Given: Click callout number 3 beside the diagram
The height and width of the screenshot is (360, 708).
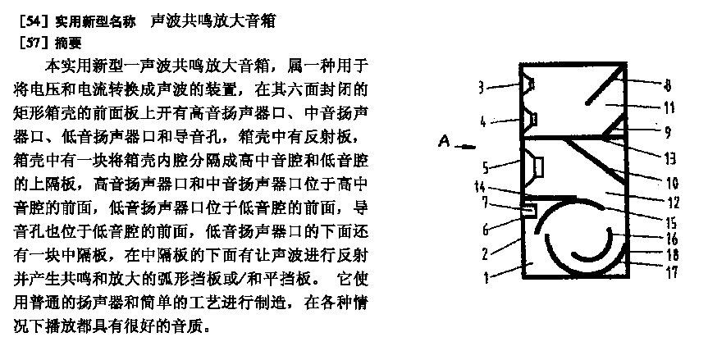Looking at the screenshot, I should click(483, 84).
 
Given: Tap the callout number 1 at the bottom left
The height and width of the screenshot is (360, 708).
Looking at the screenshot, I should click(486, 278).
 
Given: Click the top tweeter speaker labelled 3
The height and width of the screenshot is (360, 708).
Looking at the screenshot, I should click(530, 83).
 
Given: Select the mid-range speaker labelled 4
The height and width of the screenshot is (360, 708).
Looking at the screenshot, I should click(532, 121).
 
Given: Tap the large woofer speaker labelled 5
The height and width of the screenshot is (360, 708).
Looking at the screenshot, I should click(537, 167).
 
